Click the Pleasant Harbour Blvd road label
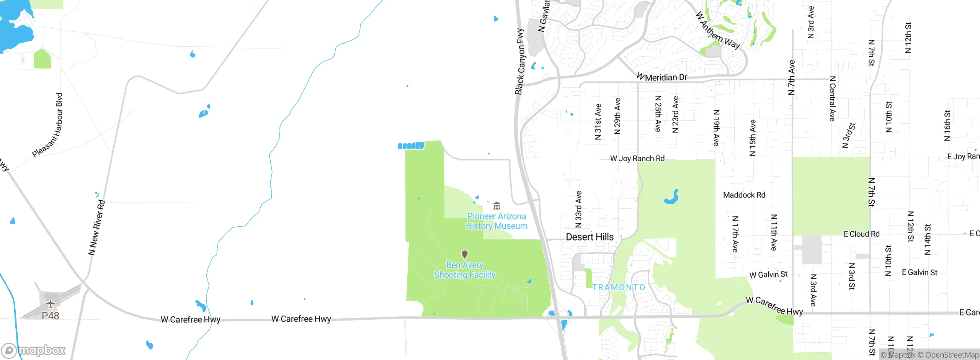48,125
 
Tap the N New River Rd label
96,227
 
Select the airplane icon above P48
51,304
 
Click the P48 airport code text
51,316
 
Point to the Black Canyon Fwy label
520,61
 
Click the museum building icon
497,206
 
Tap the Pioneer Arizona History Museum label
497,221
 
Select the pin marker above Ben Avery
465,254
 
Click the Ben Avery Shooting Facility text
465,270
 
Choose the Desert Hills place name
590,237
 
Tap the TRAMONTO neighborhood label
619,287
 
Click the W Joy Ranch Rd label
637,159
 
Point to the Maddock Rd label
744,195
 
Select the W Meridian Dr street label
662,77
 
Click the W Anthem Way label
717,31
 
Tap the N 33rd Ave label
578,209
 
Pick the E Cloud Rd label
861,234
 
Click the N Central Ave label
832,99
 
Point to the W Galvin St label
768,275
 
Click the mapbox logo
34,350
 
